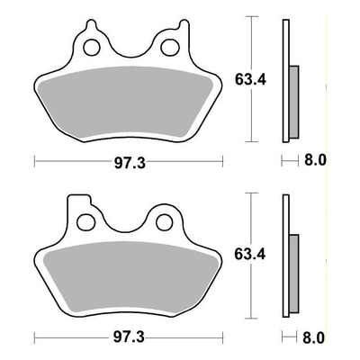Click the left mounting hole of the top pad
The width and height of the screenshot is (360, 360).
coord(92,48)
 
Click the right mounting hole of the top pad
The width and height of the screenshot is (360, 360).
coord(170,47)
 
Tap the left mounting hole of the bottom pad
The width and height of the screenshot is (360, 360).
coord(85,222)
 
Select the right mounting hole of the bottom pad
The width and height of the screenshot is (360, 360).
coord(165,222)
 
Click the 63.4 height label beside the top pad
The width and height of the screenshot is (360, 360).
coord(250,80)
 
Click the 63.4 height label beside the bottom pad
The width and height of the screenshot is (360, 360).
coord(250,255)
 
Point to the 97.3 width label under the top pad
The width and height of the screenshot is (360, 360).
coord(130,163)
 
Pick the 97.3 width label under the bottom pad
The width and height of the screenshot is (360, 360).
coord(129,337)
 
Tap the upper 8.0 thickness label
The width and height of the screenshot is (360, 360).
coord(315,160)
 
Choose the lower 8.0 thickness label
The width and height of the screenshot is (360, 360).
coord(313,338)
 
